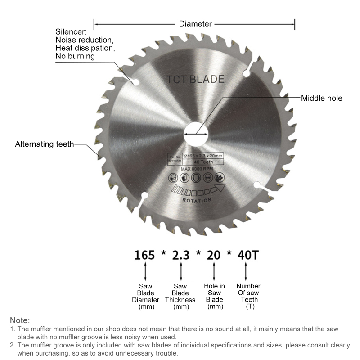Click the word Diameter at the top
pos(195,24)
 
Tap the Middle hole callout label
pos(321,98)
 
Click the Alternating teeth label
pos(44,144)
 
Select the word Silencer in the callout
pos(71,32)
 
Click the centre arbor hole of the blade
pos(196,134)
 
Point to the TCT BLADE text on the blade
pos(195,80)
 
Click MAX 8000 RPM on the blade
pos(197,169)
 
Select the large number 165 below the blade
pos(144,255)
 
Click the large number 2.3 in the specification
pos(180,255)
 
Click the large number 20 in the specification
pos(213,255)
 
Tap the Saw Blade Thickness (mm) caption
pos(180,296)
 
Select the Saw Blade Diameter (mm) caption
pos(145,296)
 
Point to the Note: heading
pos(20,320)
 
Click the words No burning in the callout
pos(75,56)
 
